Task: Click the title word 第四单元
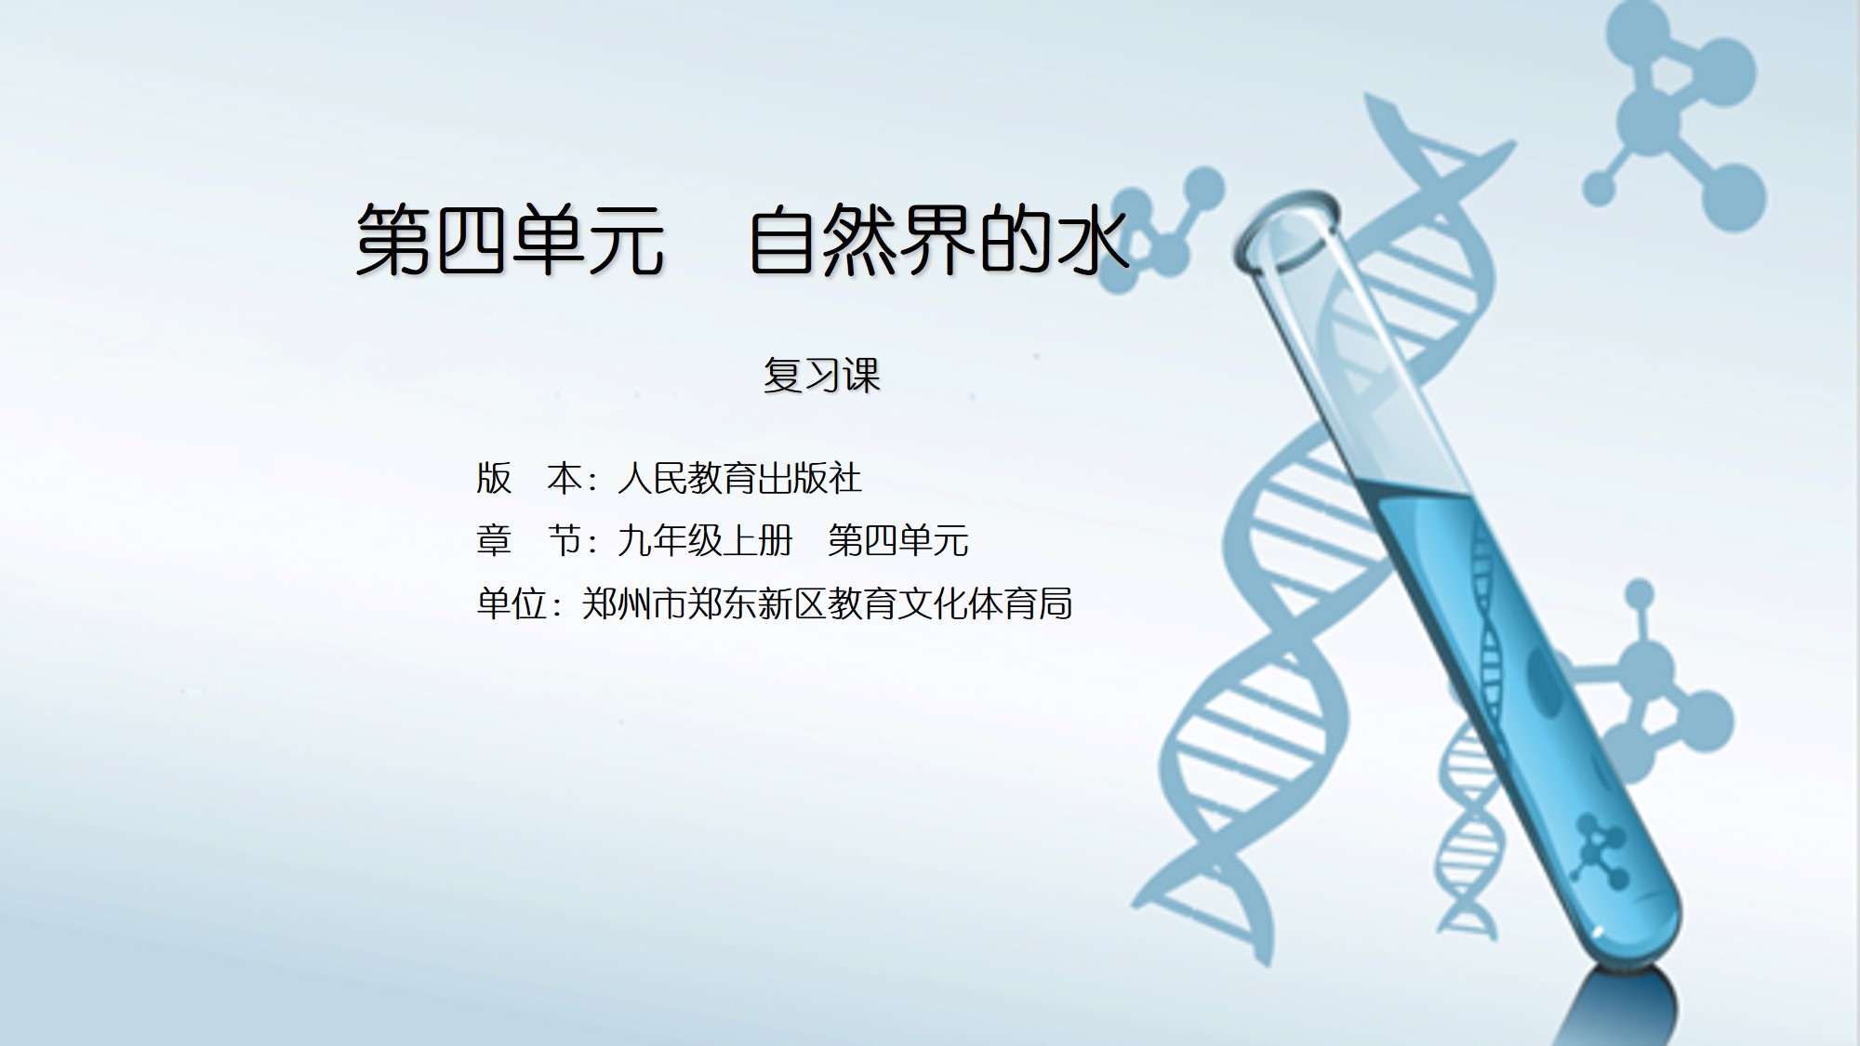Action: [x=511, y=240]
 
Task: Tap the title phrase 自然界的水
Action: [x=939, y=240]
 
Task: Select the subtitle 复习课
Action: [x=821, y=375]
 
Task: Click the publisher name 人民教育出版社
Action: [x=740, y=479]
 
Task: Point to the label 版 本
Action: [x=529, y=479]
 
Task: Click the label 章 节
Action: [x=529, y=540]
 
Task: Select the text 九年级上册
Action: [x=705, y=540]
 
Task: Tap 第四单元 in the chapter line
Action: [x=898, y=540]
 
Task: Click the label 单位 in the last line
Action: [x=511, y=603]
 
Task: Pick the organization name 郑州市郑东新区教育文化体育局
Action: [x=828, y=603]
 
